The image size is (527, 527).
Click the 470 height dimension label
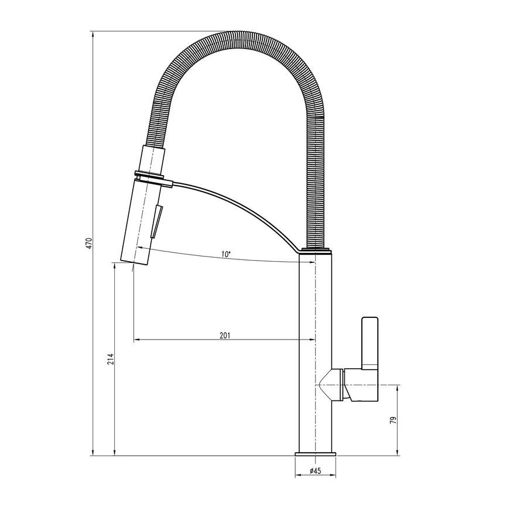click(89, 243)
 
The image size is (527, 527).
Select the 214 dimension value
click(111, 359)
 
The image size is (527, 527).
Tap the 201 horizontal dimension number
click(225, 336)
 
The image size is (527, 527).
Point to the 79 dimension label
click(393, 420)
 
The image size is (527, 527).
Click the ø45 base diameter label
click(315, 471)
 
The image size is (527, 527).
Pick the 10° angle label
click(226, 254)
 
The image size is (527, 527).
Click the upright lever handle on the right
click(369, 343)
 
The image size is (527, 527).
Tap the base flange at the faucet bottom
click(315, 454)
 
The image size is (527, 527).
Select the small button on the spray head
click(156, 222)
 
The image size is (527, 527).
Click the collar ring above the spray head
click(149, 174)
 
